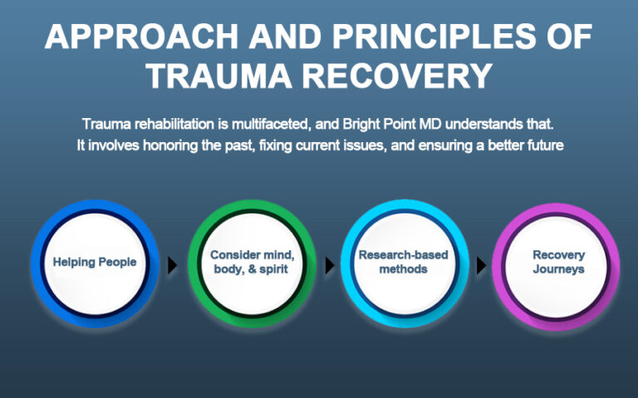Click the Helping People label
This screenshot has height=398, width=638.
point(94,263)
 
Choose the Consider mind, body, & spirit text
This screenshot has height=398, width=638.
point(250,263)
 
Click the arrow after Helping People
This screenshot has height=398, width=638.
point(173,265)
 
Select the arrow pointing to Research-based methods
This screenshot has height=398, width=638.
point(329,265)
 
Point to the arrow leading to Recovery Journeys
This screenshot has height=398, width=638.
point(481,265)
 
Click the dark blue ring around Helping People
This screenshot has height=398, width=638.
point(42,263)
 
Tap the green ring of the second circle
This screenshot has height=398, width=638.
point(198,263)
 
